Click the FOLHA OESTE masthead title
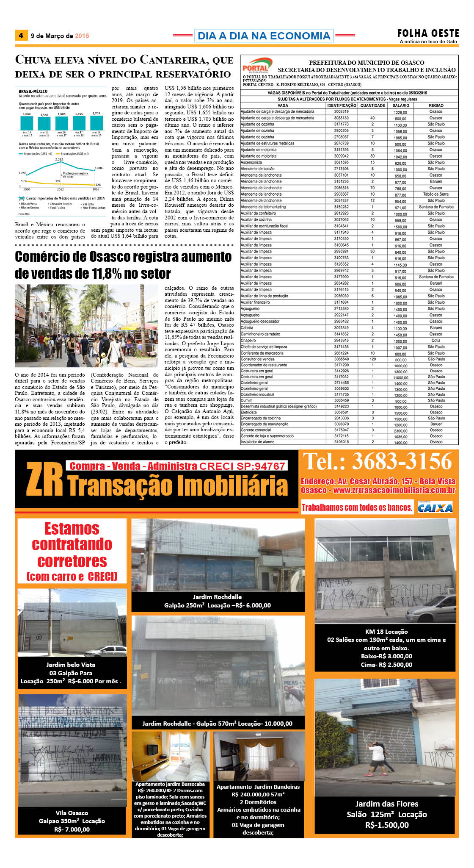[x=428, y=33]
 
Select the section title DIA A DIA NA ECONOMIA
[x=264, y=36]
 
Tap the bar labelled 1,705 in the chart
[x=96, y=123]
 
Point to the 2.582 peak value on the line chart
[x=59, y=159]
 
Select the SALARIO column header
[x=400, y=105]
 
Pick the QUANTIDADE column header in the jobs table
[x=372, y=105]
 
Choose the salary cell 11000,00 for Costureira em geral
[x=400, y=377]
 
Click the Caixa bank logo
[x=435, y=507]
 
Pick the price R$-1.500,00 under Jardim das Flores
[x=387, y=825]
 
